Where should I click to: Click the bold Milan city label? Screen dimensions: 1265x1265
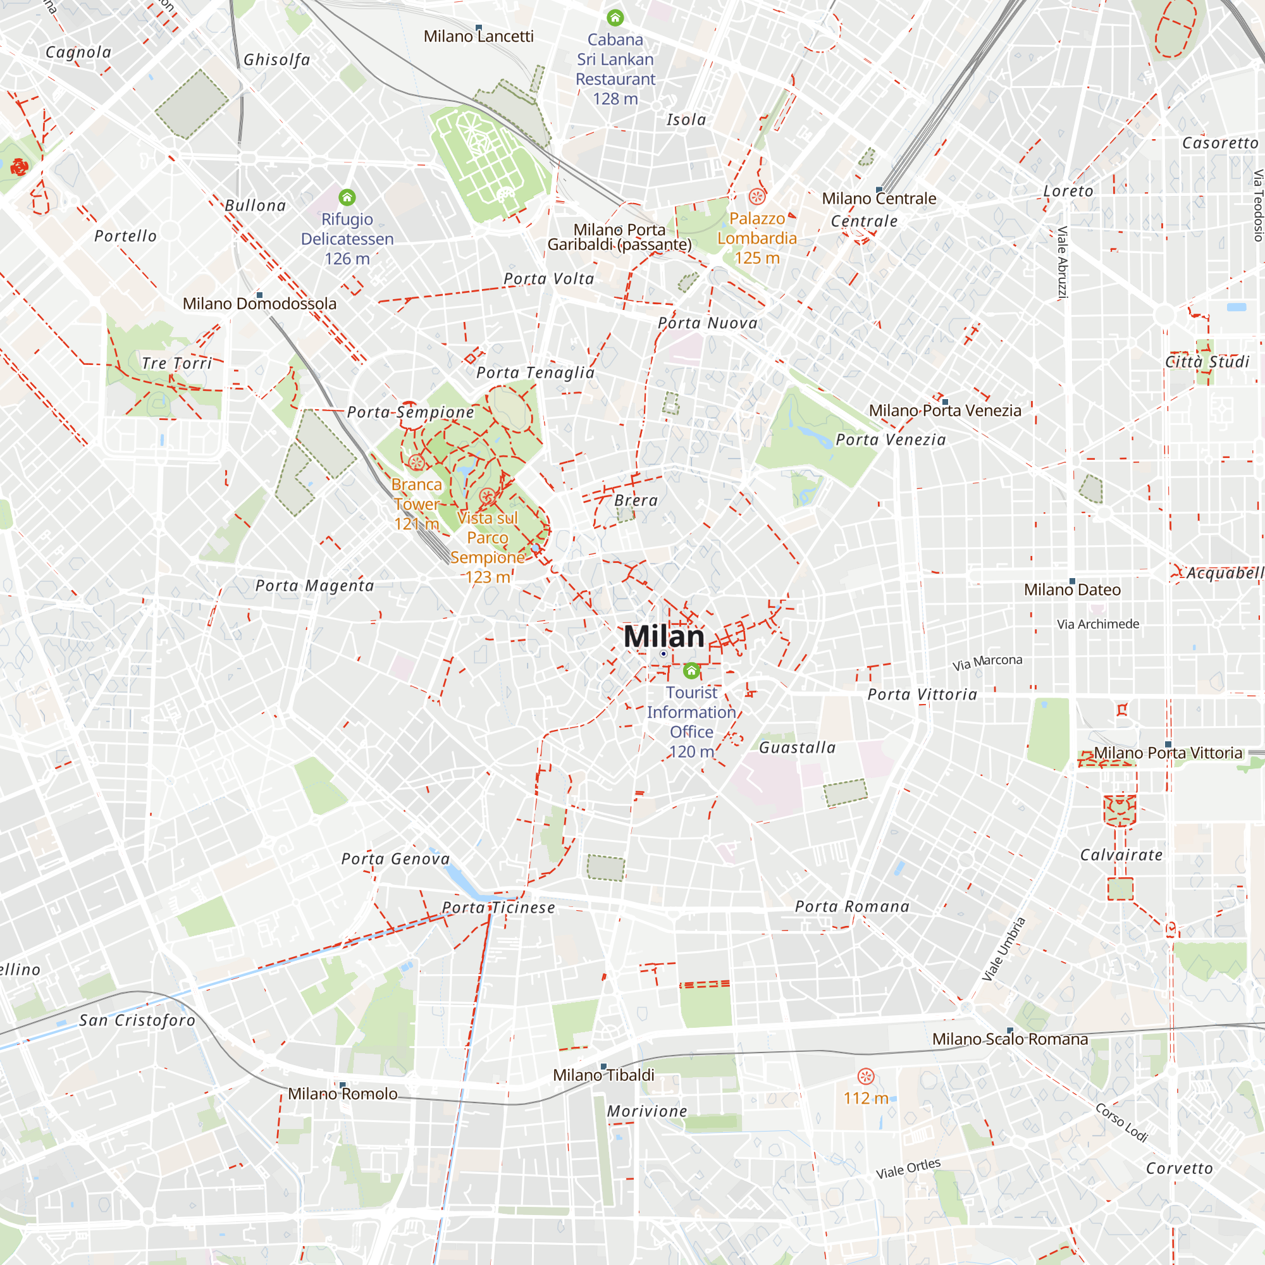664,636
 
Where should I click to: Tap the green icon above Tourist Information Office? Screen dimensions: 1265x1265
691,670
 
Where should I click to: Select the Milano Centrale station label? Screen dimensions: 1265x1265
879,199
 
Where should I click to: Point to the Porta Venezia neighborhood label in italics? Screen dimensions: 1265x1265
891,440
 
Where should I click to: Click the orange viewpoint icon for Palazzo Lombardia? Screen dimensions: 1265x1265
757,197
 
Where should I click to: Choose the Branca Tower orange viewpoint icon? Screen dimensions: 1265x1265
416,463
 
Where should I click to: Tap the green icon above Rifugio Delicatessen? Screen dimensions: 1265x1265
347,197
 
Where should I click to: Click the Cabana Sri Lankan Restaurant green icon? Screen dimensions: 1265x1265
615,18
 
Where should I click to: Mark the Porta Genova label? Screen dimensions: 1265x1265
395,858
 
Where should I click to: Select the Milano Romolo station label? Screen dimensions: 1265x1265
342,1094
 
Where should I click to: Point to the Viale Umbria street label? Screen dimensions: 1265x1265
1004,949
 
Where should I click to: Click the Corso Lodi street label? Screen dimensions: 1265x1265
1121,1122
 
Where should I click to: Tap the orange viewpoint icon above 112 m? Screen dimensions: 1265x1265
866,1077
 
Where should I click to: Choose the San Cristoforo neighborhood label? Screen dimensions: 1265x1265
137,1020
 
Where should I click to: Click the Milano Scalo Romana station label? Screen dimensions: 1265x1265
1009,1039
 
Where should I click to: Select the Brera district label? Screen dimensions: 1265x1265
636,500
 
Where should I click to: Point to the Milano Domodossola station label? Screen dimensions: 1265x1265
259,303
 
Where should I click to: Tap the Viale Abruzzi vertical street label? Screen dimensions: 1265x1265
1063,262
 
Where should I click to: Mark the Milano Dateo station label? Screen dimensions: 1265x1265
1072,589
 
